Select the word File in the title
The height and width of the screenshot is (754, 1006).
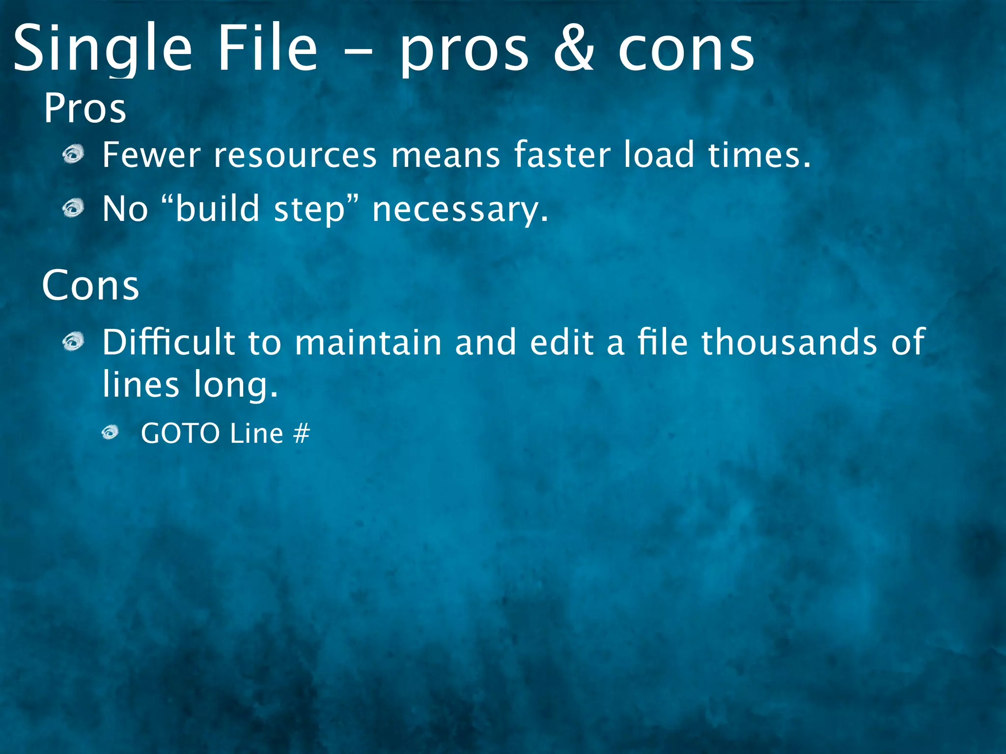point(268,49)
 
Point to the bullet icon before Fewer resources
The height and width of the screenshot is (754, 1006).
point(74,156)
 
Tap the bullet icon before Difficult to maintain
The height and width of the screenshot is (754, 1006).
point(74,342)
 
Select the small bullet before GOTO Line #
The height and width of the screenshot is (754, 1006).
point(111,432)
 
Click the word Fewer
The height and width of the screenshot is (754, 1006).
point(151,155)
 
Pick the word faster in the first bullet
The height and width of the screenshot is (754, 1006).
point(562,155)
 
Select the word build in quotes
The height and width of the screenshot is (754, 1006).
point(217,208)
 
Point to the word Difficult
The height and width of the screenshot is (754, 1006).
point(168,342)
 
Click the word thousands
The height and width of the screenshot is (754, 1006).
point(789,342)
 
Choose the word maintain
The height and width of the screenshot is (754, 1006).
point(368,342)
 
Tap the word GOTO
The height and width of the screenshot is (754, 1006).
point(180,433)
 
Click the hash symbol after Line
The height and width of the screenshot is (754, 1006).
point(302,433)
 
